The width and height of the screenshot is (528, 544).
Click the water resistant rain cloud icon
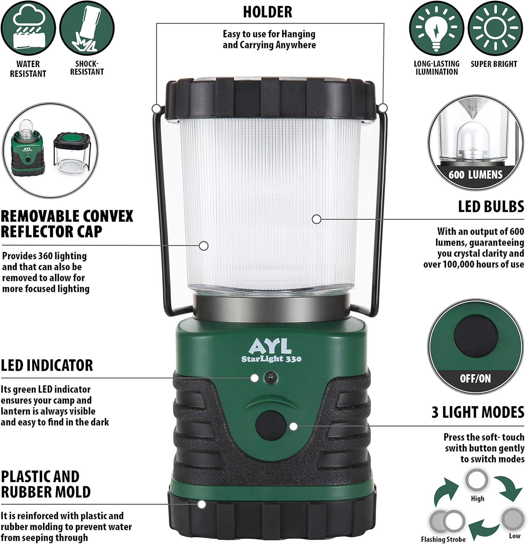click(28, 28)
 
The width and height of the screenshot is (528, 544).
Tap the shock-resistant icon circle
click(87, 28)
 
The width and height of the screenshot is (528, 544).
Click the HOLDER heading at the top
click(267, 12)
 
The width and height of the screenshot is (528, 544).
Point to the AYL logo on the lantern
click(270, 346)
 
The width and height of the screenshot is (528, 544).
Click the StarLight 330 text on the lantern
click(271, 359)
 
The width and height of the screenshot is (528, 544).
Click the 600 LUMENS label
click(475, 175)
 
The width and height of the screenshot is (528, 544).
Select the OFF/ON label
click(475, 379)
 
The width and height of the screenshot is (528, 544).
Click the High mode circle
click(477, 480)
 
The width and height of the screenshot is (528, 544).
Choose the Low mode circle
click(513, 519)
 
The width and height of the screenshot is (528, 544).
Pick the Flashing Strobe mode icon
click(447, 522)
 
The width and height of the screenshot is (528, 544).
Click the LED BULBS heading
click(491, 206)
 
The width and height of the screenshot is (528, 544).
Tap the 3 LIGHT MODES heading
click(478, 412)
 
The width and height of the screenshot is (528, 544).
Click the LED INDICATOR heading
click(47, 365)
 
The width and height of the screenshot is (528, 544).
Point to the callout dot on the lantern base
click(202, 504)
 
